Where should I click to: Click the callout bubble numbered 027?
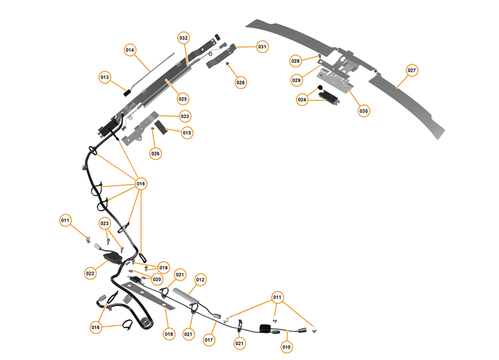click(412, 70)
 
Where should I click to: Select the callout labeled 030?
click(363, 111)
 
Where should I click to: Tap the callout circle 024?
click(302, 100)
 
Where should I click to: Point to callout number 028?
click(295, 61)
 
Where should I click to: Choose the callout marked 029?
click(296, 80)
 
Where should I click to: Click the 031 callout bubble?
click(262, 46)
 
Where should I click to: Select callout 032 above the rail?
click(184, 39)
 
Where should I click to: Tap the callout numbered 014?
click(130, 50)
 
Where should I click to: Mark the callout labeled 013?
click(105, 77)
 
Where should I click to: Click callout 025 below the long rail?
click(183, 99)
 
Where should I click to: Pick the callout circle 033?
click(185, 116)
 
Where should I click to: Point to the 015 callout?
click(187, 133)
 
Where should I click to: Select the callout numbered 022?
click(90, 274)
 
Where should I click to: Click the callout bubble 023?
click(105, 223)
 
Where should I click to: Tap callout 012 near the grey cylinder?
click(200, 280)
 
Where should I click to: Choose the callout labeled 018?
click(168, 334)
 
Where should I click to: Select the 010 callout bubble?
click(287, 347)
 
